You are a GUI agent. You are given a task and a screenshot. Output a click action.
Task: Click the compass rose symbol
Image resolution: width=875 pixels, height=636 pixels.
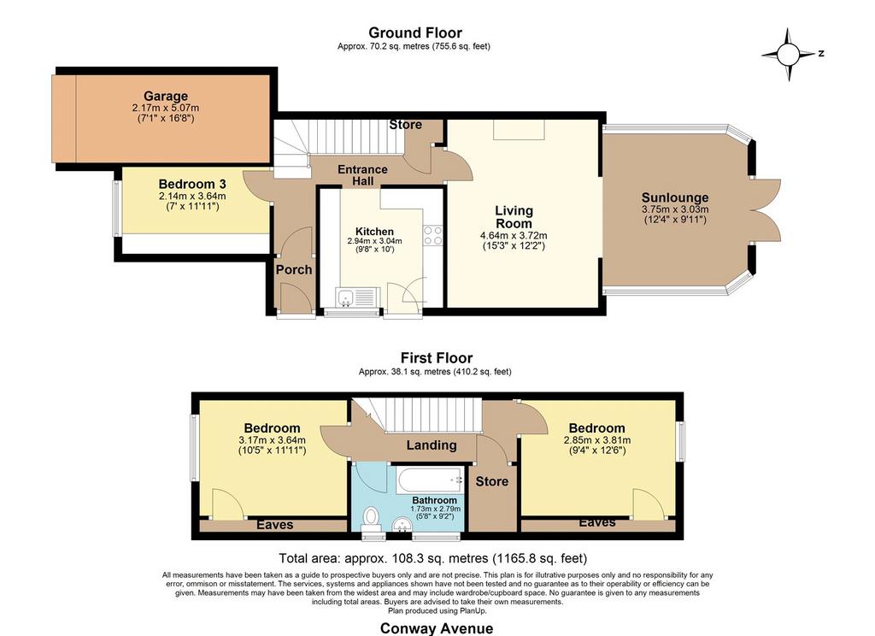789,55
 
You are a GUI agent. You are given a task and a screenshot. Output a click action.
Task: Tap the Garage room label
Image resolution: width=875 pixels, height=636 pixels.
166,96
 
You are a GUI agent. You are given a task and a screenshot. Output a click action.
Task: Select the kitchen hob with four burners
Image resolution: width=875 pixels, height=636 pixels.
432,236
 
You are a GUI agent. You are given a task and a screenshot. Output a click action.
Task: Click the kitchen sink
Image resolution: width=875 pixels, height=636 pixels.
346,297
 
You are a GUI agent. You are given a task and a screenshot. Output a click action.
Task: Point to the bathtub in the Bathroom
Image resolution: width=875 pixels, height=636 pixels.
430,480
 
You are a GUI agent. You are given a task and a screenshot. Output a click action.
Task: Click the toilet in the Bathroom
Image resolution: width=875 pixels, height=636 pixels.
371,518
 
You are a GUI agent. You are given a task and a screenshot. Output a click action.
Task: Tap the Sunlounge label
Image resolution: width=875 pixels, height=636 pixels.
675,197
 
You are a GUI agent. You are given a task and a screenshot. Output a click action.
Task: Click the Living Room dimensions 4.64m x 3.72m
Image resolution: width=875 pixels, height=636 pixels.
514,236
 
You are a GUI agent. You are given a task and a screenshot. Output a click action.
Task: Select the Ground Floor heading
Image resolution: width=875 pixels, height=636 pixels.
415,33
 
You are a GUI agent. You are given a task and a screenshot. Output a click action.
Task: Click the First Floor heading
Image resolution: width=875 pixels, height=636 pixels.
437,358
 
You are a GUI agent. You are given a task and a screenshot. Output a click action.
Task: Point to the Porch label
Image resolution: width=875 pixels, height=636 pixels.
294,269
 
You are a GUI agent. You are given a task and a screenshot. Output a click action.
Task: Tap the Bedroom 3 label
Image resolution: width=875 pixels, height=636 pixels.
192,184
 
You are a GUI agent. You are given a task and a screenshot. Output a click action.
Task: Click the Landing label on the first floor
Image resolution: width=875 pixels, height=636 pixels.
432,445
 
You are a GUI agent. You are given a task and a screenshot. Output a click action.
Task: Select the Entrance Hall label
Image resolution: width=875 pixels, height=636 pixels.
362,175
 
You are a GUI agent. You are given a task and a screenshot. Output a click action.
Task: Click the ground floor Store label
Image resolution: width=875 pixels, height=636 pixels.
406,125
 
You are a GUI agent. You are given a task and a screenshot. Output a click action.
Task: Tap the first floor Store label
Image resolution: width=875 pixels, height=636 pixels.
491,481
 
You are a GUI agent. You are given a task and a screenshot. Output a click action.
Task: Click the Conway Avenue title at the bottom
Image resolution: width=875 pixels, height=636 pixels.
437,629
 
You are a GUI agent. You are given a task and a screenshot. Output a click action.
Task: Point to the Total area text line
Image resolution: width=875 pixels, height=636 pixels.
433,558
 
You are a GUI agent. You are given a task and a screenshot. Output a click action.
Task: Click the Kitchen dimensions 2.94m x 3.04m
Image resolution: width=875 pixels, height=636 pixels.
374,241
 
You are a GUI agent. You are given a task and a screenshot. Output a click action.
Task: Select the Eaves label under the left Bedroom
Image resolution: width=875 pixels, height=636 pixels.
275,525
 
